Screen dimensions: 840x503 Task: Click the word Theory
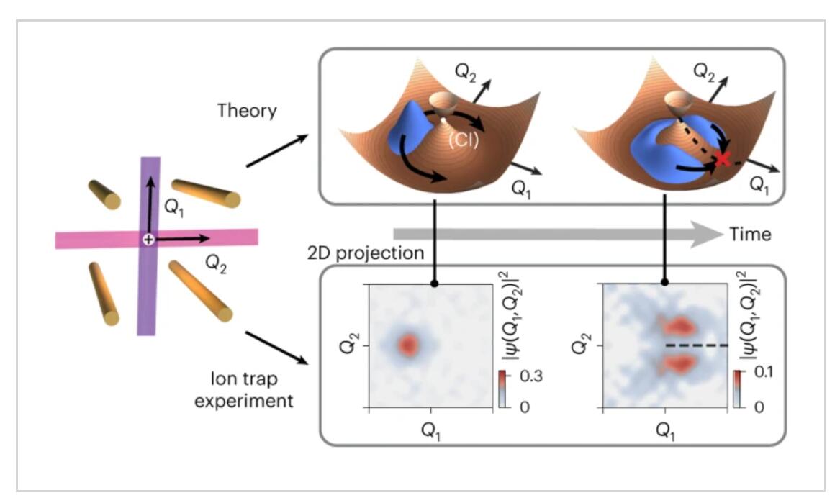coord(247,111)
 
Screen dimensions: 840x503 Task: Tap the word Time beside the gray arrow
coord(750,234)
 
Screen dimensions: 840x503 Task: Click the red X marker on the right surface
coord(723,158)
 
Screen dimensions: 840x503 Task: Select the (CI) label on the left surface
coord(464,140)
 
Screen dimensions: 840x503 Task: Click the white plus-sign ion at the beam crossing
coord(148,240)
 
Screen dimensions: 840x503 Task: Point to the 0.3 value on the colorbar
coord(531,376)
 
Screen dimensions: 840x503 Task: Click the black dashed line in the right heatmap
coord(697,345)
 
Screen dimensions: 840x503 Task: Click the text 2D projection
coord(366,253)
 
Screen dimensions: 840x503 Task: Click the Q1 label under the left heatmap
coord(431,431)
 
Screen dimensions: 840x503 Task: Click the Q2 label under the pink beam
coord(216,263)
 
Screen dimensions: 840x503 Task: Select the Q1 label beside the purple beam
coord(174,207)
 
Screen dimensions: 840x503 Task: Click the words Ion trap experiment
coord(244,390)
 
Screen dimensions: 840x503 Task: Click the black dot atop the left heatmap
coord(435,283)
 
